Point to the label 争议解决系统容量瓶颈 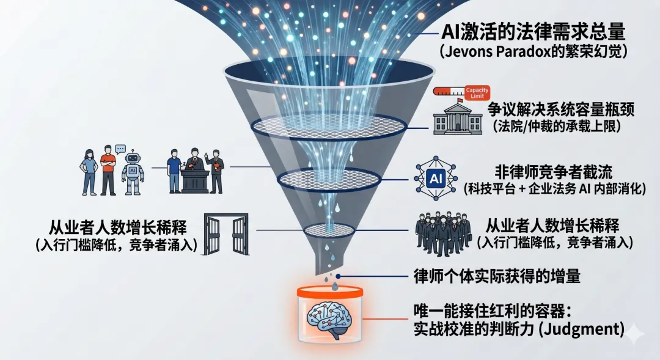tap(560, 110)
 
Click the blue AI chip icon tap(436, 178)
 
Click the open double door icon tap(226, 232)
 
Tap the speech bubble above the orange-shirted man tap(120, 149)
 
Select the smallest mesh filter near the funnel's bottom tap(329, 230)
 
